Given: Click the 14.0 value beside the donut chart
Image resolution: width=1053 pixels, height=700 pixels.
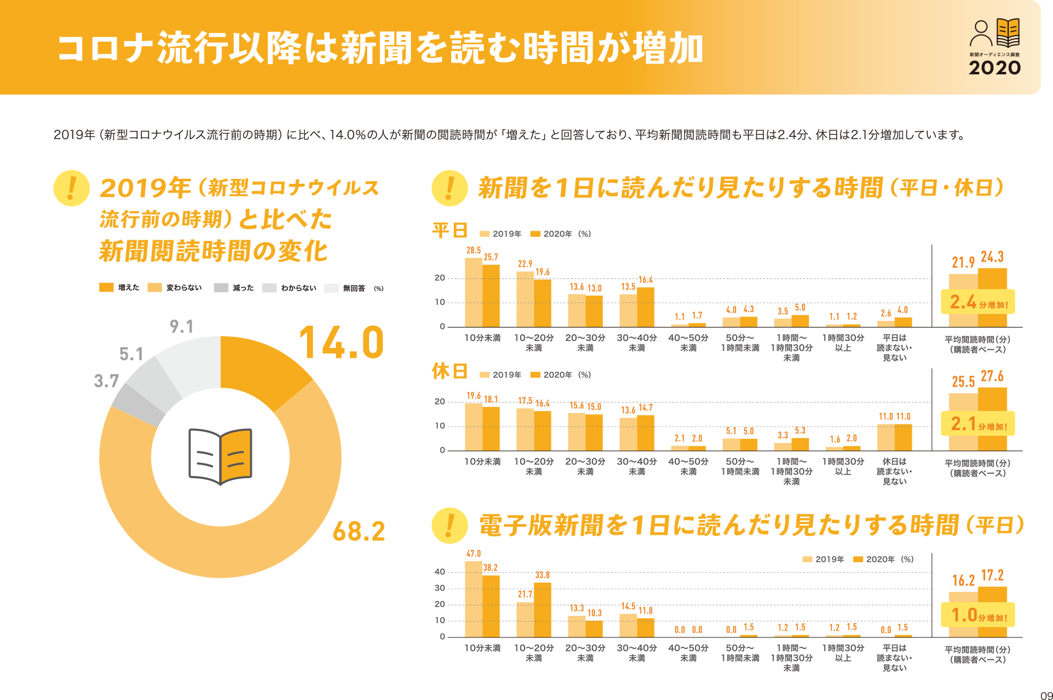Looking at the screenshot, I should (341, 342).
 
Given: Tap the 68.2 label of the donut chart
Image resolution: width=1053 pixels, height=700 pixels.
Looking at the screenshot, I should (359, 532).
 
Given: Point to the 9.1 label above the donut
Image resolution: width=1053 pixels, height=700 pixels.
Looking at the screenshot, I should (182, 326).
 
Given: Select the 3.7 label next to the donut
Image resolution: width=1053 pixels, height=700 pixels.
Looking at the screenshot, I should (106, 381).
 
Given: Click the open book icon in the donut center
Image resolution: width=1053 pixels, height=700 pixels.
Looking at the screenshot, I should (220, 455).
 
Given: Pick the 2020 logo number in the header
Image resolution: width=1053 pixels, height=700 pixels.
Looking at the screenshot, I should (995, 68).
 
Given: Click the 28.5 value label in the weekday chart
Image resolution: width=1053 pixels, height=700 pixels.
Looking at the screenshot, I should (473, 251).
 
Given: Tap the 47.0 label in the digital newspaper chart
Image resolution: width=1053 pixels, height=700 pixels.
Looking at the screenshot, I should (473, 553).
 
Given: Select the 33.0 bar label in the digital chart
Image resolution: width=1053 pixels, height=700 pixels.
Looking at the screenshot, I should (542, 575).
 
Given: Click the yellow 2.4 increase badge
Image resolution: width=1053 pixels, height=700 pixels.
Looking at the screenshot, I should (978, 302).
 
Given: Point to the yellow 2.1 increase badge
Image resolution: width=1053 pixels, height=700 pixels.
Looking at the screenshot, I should (978, 424).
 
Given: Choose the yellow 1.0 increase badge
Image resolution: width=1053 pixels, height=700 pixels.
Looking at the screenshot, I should (978, 615).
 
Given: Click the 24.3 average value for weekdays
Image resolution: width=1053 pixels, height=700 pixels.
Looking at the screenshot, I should (992, 257).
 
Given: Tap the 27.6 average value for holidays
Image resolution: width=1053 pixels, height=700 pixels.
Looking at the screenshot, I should (992, 376).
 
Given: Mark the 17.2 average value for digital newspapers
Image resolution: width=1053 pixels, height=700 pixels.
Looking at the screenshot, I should (992, 576).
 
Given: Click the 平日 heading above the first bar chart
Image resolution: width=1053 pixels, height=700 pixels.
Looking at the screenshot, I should (450, 230).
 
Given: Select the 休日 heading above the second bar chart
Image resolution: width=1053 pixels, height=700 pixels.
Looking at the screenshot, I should (450, 371).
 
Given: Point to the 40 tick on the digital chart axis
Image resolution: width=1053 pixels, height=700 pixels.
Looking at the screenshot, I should (440, 572).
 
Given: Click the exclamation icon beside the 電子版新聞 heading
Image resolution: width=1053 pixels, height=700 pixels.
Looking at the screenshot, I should (450, 525).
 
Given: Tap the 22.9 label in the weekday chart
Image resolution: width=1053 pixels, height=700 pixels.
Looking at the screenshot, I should (525, 264).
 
